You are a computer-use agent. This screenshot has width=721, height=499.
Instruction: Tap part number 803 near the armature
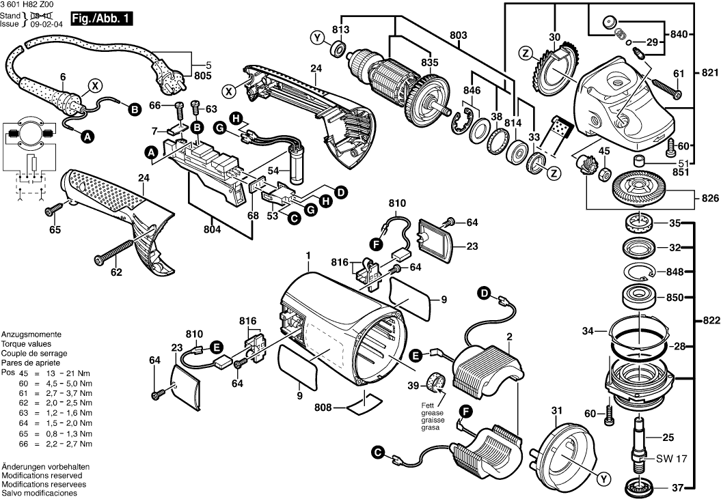(458, 34)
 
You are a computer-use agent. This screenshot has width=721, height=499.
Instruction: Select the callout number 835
(429, 62)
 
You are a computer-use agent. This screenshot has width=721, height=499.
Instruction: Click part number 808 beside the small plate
(323, 408)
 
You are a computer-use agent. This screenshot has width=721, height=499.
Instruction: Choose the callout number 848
(675, 272)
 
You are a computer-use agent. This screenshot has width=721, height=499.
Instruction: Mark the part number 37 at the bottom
(676, 487)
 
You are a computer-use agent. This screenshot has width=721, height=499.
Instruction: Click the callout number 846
(471, 89)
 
